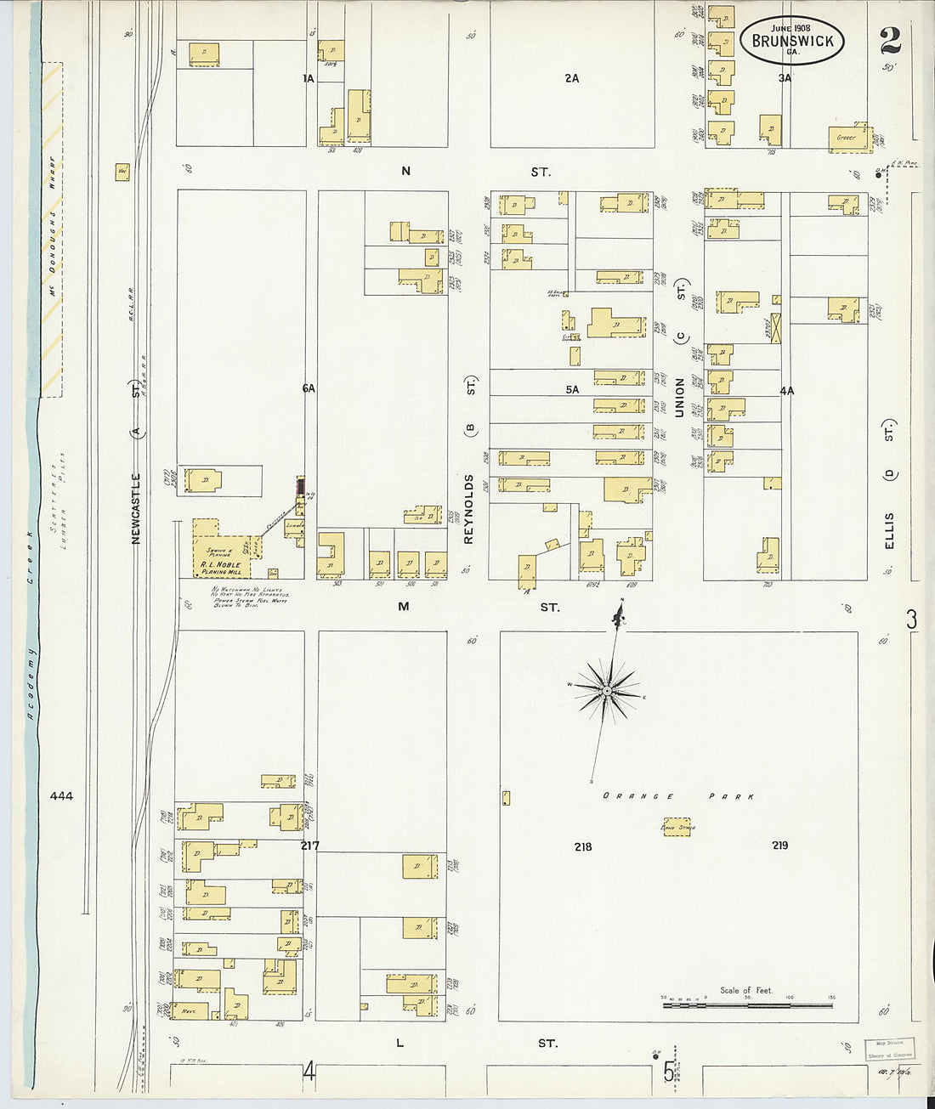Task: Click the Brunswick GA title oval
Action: coord(792,40)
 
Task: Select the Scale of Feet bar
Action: coord(747,1005)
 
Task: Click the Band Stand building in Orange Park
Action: coord(677,826)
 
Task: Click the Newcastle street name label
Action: coord(136,508)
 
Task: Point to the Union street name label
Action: coord(679,397)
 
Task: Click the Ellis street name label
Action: coord(889,529)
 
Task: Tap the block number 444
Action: coord(61,796)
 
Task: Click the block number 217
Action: coord(309,846)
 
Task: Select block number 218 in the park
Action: coord(582,846)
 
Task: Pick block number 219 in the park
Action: coord(779,845)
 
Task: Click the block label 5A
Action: coord(572,390)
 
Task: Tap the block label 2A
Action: coord(572,78)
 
